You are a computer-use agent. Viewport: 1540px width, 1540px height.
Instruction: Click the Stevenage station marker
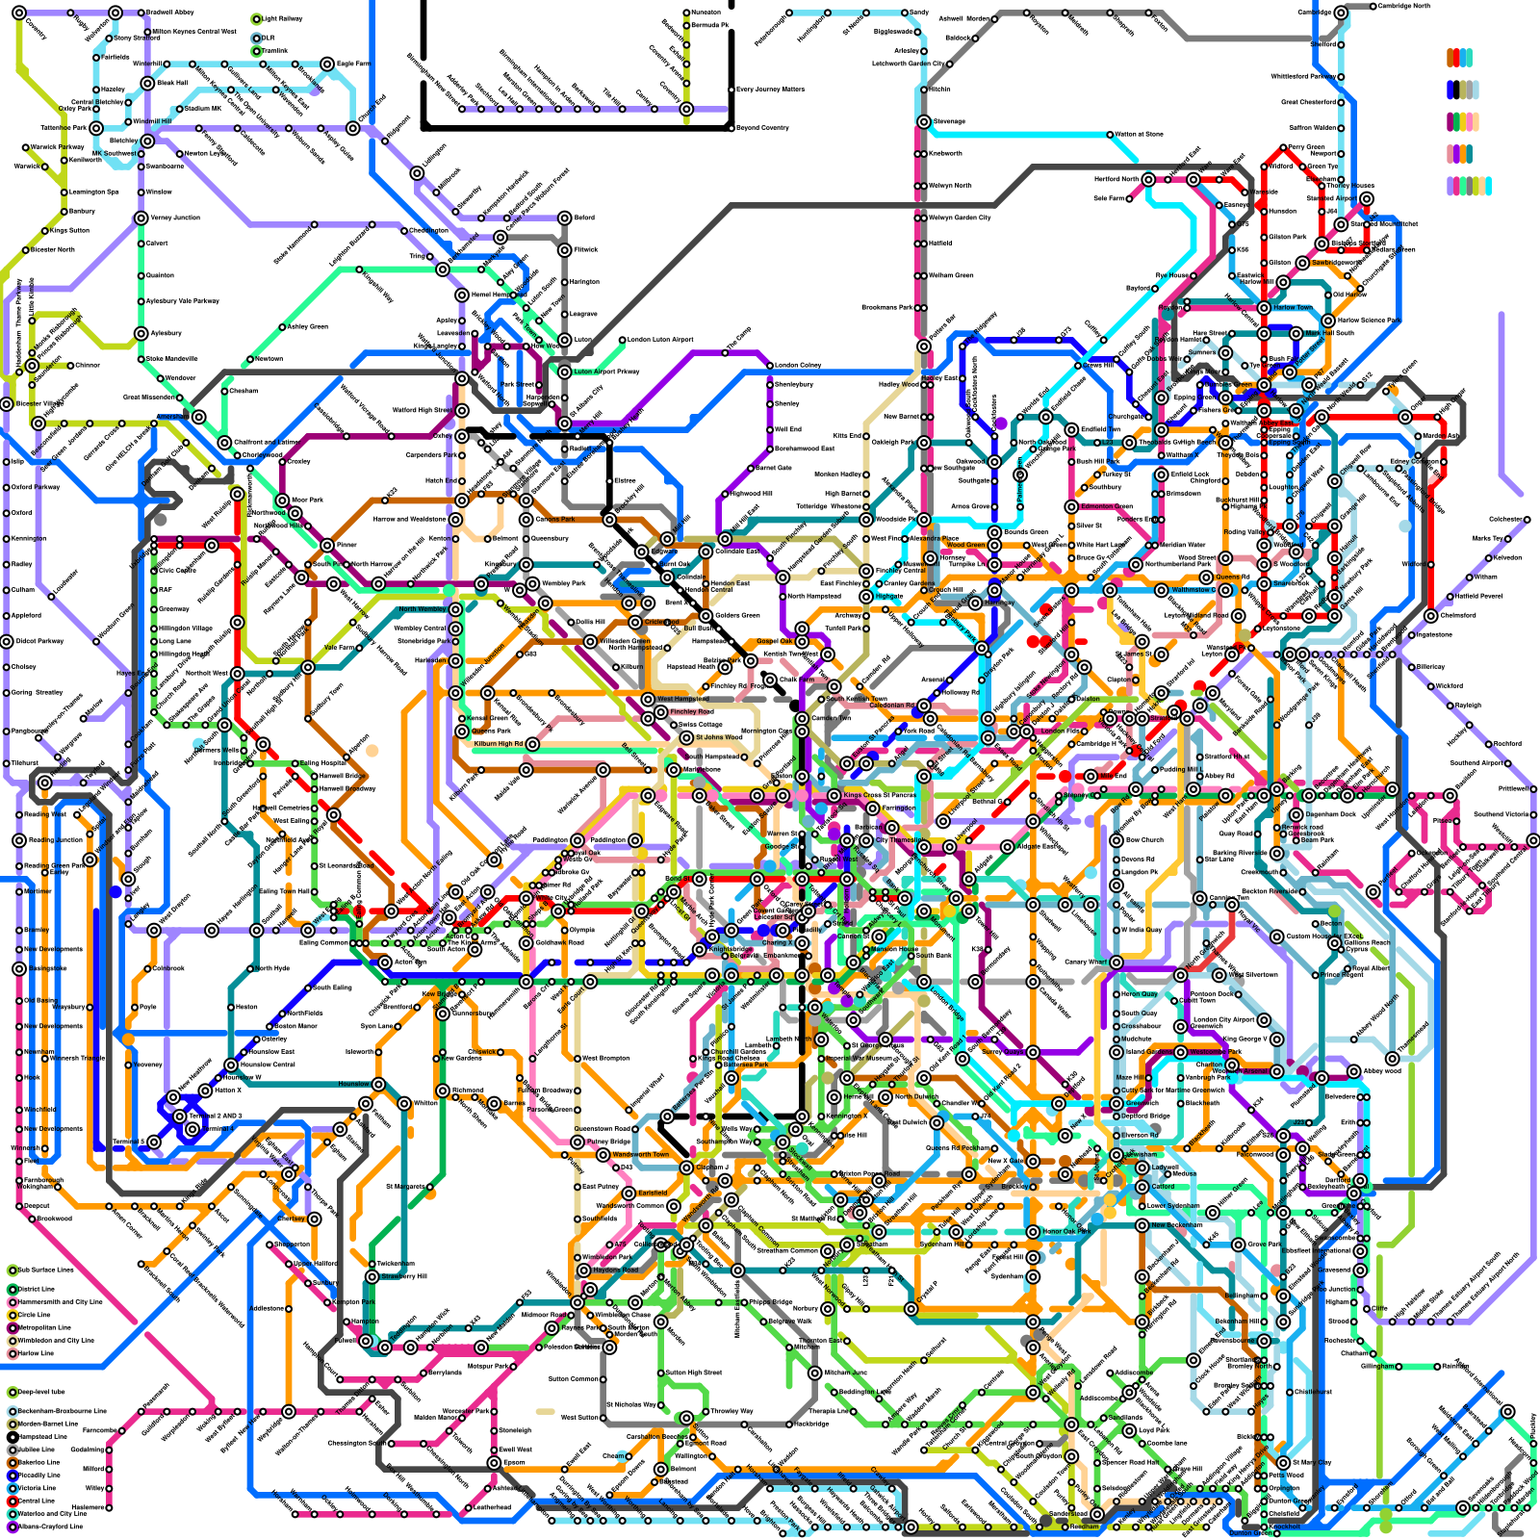(x=923, y=122)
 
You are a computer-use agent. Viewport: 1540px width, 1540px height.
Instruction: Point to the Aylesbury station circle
(x=141, y=333)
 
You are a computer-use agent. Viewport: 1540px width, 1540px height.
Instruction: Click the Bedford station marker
(x=565, y=218)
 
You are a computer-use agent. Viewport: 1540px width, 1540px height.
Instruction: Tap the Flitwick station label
(x=586, y=249)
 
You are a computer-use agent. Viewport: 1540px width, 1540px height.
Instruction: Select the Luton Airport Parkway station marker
(x=565, y=372)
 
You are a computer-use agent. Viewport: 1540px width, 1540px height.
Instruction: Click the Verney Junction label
(x=174, y=218)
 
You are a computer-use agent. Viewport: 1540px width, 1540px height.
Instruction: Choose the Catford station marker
(x=1142, y=1186)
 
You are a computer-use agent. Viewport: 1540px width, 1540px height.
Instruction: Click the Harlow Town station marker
(x=1264, y=307)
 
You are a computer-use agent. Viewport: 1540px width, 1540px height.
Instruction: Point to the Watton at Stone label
(x=1139, y=134)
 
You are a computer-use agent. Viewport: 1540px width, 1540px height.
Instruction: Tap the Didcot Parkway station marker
(x=7, y=641)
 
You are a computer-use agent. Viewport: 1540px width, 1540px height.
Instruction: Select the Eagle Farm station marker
(x=328, y=64)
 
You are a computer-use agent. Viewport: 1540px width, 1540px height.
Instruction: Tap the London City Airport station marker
(x=1264, y=1019)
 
